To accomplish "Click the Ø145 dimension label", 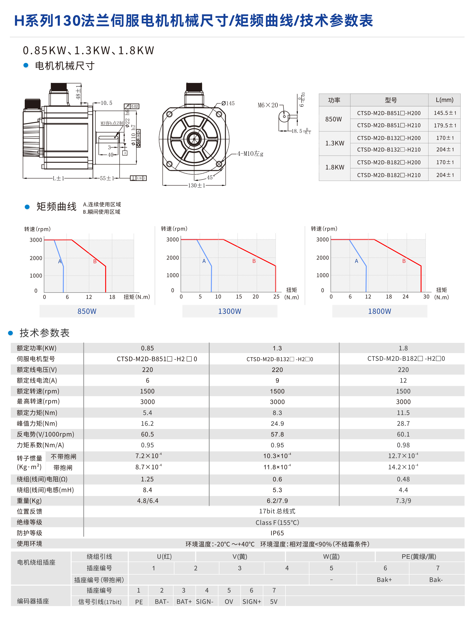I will pos(228,103).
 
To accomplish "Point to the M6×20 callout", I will pos(268,105).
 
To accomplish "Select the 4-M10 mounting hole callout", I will pos(250,154).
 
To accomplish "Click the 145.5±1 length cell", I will pos(445,113).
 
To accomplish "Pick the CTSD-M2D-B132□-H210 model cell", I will pos(389,150).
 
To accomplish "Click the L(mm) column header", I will pos(444,100).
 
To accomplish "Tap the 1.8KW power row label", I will pos(335,167).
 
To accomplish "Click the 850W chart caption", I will pos(87,311).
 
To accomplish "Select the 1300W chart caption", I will pos(230,311).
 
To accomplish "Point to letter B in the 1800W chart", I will pos(404,261).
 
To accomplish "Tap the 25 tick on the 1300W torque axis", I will pos(276,297).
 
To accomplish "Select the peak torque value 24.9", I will pos(277,423).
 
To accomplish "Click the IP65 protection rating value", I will pos(277,533).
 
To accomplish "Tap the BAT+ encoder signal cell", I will pos(184,601).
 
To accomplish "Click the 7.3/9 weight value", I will pos(403,501).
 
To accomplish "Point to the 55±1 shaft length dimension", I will pos(107,178).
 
